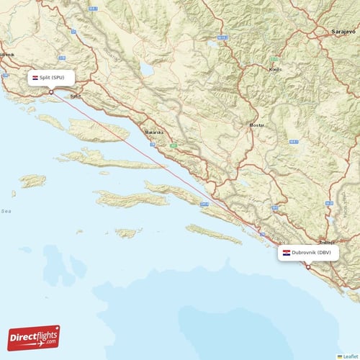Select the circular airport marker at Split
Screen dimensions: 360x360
[51, 91]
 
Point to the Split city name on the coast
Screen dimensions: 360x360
[76, 96]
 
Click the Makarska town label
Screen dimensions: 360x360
[154, 133]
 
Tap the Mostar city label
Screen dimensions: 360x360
[256, 125]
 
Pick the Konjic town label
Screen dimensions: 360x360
[274, 70]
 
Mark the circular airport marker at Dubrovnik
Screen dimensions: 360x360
[308, 267]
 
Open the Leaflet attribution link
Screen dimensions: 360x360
[349, 356]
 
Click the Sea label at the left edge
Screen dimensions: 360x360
[6, 211]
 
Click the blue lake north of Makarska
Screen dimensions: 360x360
[148, 71]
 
